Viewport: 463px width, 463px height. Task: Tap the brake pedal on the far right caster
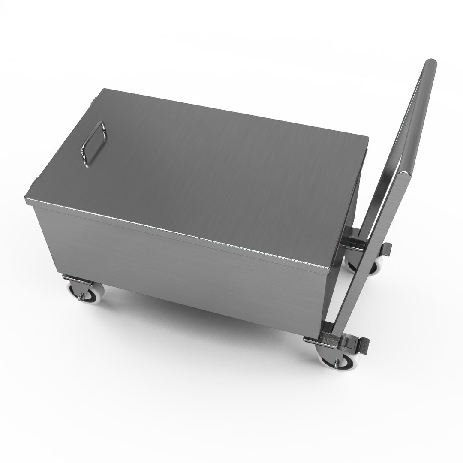click(x=387, y=248)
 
